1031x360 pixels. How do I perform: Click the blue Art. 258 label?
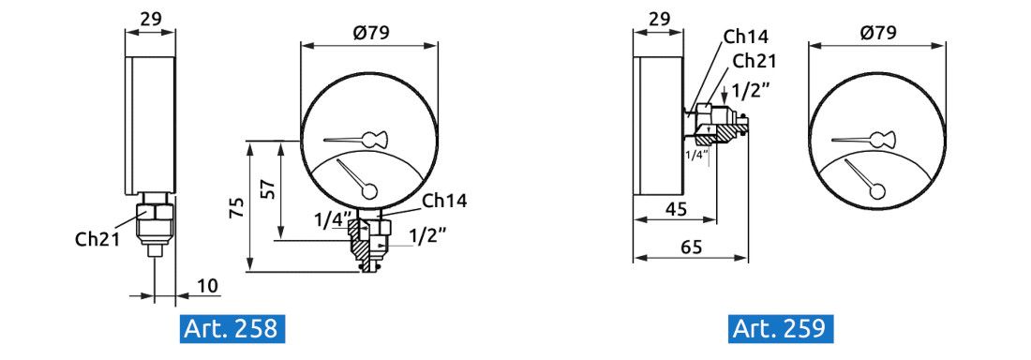232,328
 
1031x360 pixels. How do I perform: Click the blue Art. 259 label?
781,328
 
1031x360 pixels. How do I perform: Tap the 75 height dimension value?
239,208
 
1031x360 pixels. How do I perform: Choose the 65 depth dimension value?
690,247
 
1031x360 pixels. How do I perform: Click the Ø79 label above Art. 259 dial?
878,33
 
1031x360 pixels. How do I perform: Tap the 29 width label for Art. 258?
151,19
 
